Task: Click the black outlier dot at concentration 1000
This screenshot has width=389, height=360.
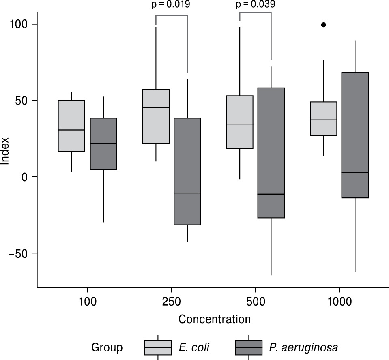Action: tap(323, 25)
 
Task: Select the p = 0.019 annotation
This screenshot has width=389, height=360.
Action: tap(171, 4)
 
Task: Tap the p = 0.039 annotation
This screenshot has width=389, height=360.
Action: tap(255, 4)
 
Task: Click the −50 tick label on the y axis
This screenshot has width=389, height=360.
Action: tap(20, 253)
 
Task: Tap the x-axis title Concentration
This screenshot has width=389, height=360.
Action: tap(214, 319)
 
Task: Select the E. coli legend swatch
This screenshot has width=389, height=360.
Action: tap(158, 347)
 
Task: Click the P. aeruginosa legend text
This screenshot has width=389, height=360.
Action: tap(303, 347)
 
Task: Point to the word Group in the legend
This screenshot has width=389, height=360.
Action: tap(107, 347)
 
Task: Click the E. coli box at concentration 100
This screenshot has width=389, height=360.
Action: tap(71, 126)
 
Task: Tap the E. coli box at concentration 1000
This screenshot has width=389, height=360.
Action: tap(323, 118)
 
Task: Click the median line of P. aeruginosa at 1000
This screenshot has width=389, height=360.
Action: tap(355, 173)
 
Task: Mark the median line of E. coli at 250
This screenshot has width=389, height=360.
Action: tap(156, 107)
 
